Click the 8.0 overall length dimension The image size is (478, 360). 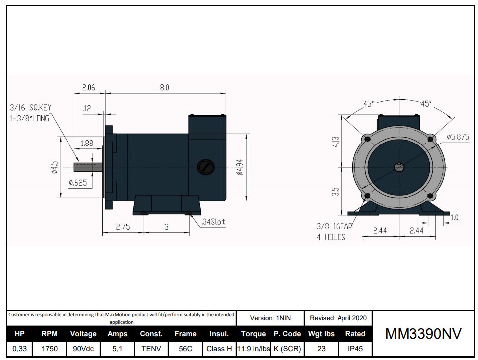point(164,87)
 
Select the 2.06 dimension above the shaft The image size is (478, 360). point(88,87)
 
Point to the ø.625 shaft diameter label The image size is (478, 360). point(78,183)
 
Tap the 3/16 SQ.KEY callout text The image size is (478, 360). point(30,107)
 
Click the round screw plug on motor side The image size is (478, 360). point(205,167)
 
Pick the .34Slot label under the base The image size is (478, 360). point(213,222)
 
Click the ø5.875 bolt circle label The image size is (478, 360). point(457,137)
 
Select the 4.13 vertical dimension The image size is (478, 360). point(336,142)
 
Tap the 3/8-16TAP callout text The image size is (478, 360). point(334,226)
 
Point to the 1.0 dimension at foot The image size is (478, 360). point(454,217)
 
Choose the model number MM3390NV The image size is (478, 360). point(423,334)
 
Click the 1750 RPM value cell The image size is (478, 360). point(49,349)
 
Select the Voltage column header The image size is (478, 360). point(83,334)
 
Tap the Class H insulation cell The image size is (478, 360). point(219,349)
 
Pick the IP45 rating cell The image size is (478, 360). point(355,349)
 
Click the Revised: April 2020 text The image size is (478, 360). point(338,318)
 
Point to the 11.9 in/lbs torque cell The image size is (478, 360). point(253,349)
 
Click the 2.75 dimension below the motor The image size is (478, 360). point(123,227)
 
